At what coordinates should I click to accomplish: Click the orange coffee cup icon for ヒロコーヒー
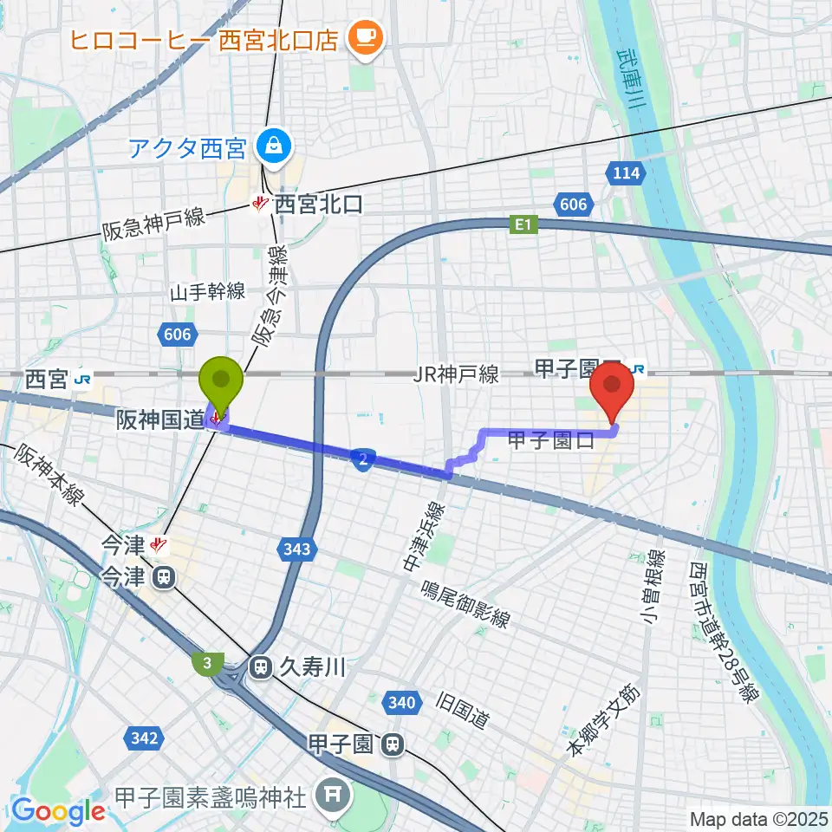point(362,36)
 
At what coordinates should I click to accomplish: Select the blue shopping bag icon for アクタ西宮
point(273,145)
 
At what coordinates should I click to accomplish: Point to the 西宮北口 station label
point(317,205)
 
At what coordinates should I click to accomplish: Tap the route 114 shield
point(626,173)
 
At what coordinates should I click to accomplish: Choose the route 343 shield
point(296,549)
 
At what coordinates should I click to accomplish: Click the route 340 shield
point(402,703)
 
